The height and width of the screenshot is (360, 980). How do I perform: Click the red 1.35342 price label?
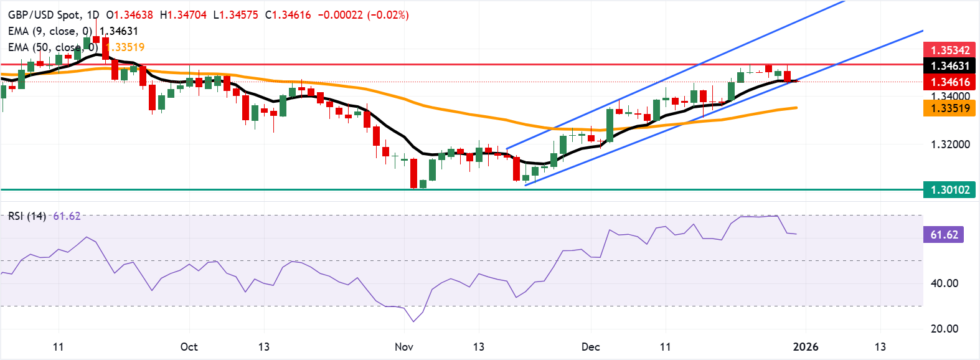949,50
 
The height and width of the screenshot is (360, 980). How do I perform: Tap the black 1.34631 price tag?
949,66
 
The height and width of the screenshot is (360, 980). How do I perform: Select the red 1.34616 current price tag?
949,82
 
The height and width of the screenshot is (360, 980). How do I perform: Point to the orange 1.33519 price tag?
949,108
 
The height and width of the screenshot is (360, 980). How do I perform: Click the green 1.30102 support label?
949,190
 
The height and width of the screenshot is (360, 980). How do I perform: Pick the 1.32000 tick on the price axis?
949,144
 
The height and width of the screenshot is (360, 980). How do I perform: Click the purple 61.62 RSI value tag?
944,235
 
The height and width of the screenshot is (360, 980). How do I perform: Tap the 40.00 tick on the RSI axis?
944,283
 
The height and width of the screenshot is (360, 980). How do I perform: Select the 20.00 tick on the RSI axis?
944,329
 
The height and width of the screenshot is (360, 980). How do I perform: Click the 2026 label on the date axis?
806,347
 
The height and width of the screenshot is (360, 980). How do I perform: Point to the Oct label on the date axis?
189,347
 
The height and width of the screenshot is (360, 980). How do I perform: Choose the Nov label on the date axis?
404,347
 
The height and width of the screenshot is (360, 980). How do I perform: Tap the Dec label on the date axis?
590,347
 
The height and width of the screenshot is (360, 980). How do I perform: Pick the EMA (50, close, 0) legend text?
53,47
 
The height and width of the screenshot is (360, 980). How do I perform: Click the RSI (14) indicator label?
27,216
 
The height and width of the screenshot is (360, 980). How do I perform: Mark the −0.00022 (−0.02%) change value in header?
363,15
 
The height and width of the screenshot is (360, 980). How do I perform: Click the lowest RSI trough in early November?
414,321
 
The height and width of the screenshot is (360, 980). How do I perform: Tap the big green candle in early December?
610,125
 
